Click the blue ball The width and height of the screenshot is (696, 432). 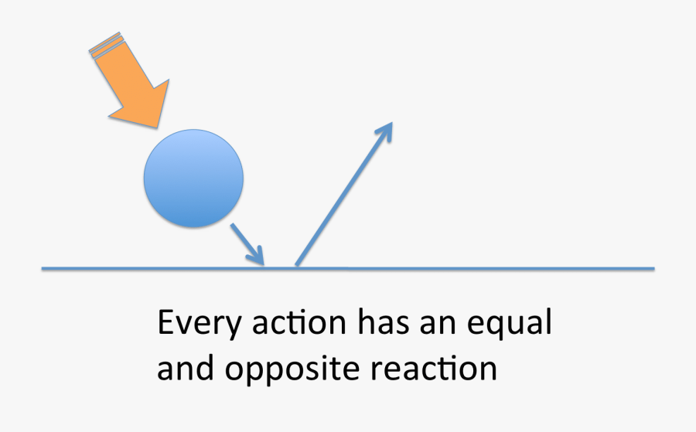[193, 179]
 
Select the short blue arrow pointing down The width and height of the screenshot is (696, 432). [247, 244]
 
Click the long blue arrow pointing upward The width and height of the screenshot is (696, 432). [344, 194]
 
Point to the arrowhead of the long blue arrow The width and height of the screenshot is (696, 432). [385, 131]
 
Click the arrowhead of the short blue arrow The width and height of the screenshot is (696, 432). [258, 257]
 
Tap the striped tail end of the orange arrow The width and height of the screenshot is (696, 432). [105, 44]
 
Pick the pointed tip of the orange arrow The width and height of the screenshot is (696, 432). [157, 128]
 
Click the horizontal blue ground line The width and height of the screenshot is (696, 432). [348, 268]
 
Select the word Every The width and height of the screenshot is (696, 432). [200, 324]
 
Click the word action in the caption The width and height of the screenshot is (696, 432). [299, 322]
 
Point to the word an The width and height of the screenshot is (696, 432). [438, 325]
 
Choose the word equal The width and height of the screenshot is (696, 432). [510, 324]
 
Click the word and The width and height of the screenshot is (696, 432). [186, 368]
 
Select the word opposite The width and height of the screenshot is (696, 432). [292, 370]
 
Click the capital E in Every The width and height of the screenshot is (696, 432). [165, 322]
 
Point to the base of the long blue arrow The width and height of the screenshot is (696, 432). [296, 266]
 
